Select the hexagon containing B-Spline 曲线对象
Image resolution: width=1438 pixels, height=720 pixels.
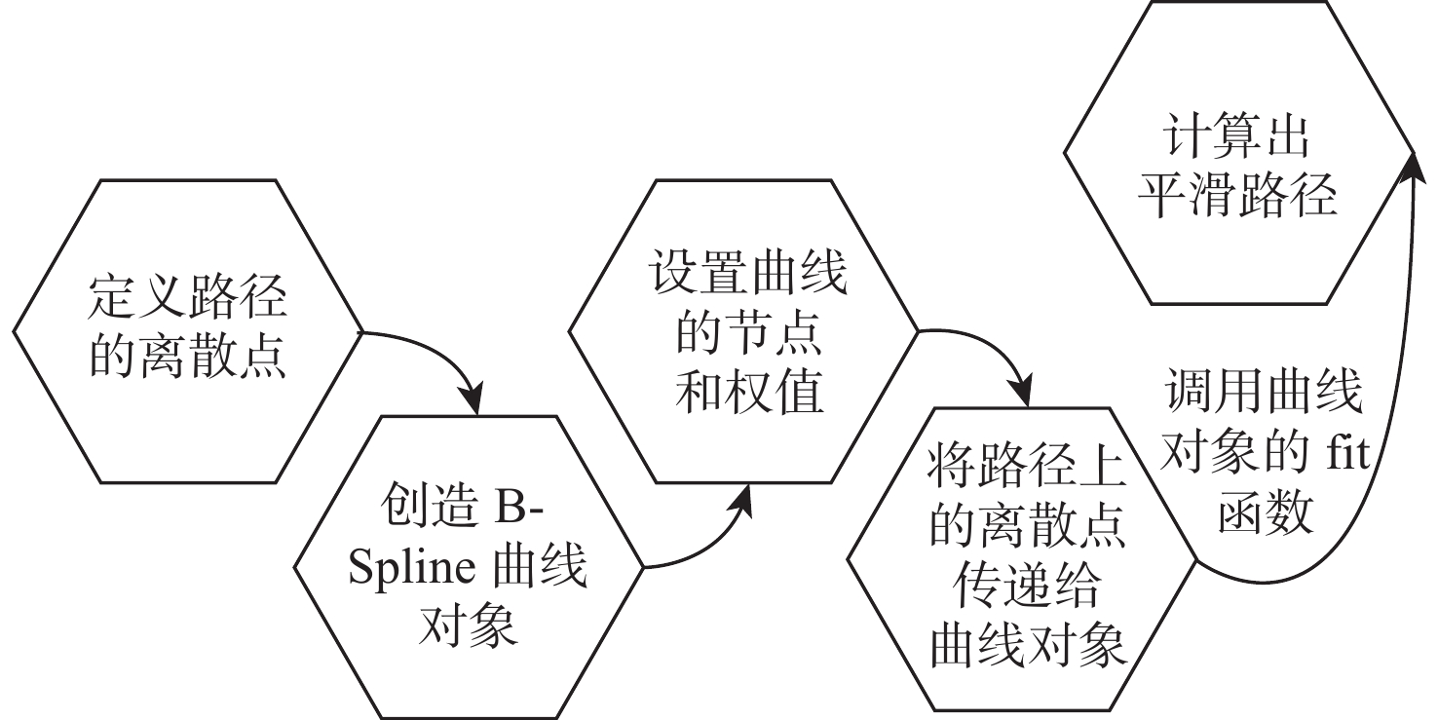[468, 566]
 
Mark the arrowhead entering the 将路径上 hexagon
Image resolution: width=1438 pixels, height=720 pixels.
[1022, 399]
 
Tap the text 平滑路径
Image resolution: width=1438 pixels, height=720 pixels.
[1237, 198]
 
